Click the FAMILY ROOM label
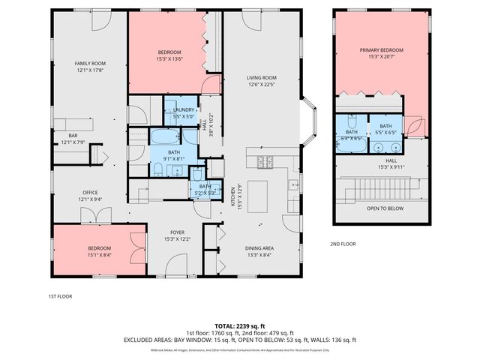pos(89,63)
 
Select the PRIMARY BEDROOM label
pos(381,50)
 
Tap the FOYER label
pos(176,232)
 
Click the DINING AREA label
pos(259,248)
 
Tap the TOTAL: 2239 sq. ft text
pos(240,325)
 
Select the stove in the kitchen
pos(266,160)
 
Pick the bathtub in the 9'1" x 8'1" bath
pos(163,137)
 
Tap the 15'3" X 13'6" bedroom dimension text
pos(169,58)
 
